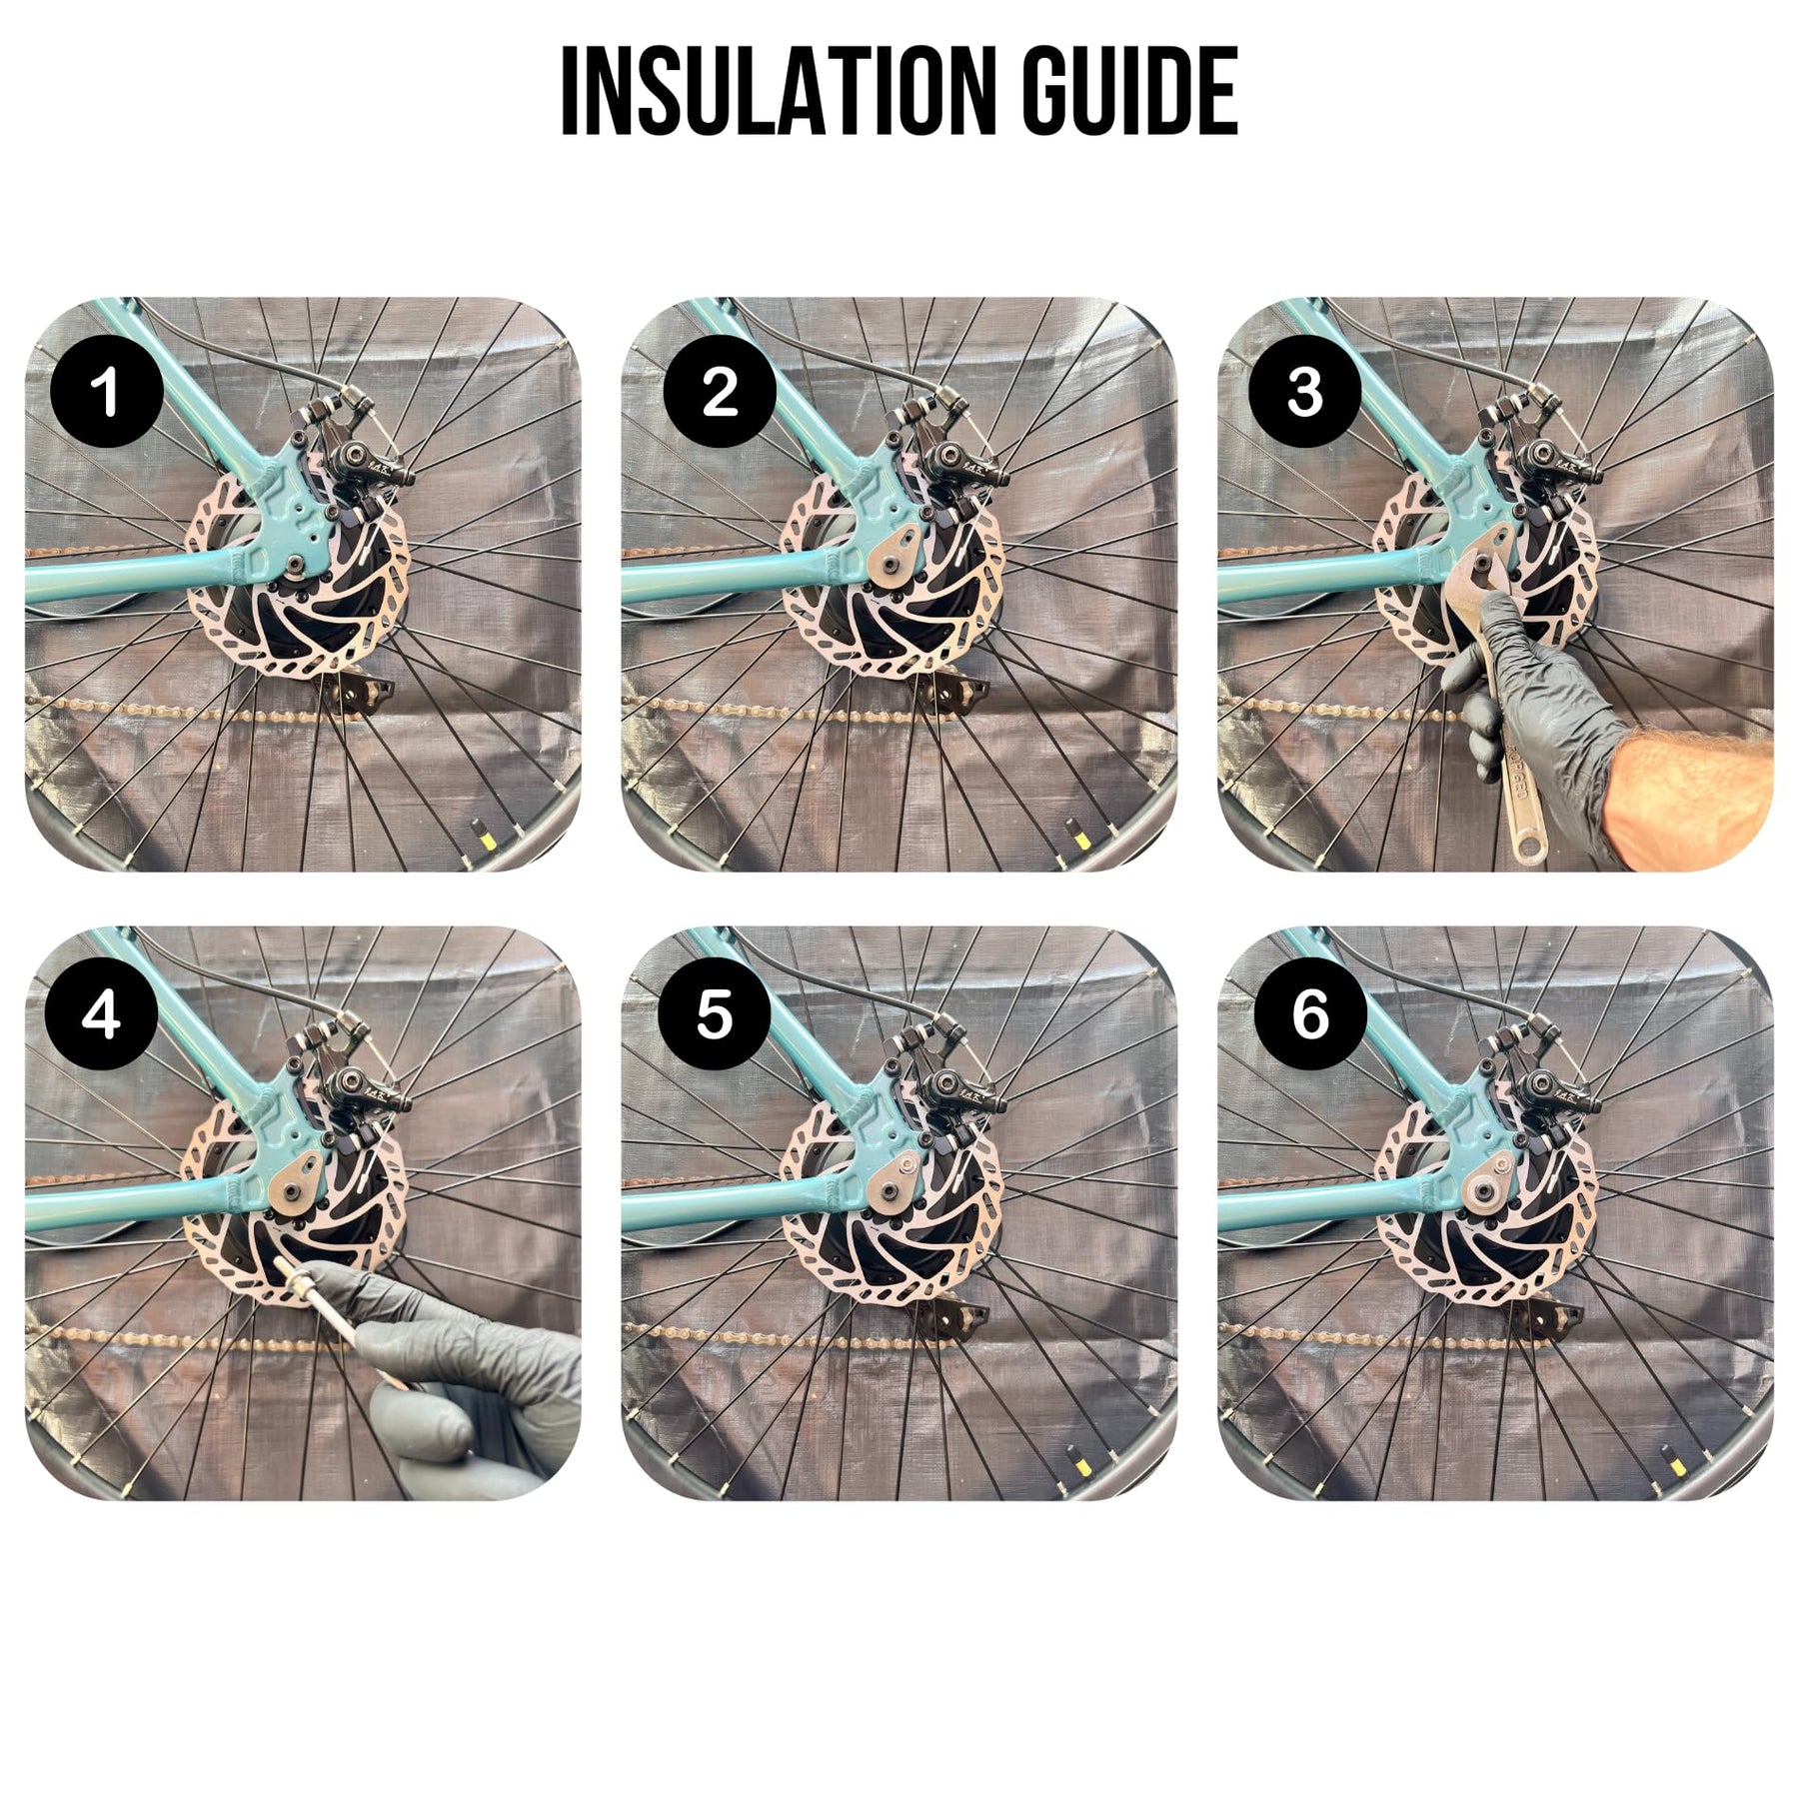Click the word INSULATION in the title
point(778,91)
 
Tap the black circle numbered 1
point(107,391)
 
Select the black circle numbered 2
point(720,391)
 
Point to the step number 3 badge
point(1304,391)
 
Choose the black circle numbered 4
point(101,1014)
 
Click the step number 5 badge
point(714,1014)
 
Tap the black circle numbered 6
point(1310,1014)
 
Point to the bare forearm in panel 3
point(1689,800)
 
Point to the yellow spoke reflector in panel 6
point(1671,1461)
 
